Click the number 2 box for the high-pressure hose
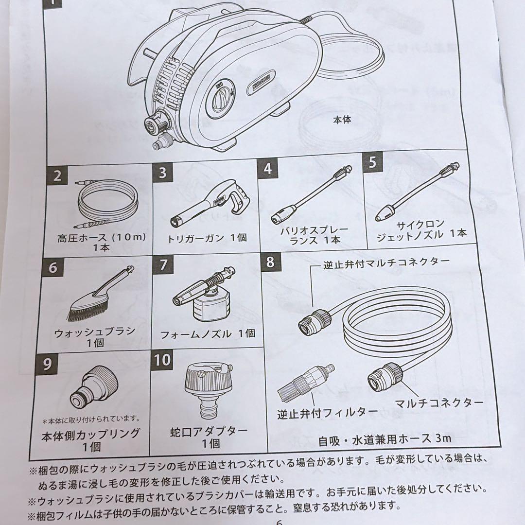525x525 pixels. tap(58, 176)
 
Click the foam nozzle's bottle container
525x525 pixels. tap(211, 310)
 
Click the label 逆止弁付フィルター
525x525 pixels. tap(327, 413)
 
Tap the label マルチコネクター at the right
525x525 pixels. tap(439, 402)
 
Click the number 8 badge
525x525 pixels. tap(270, 262)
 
